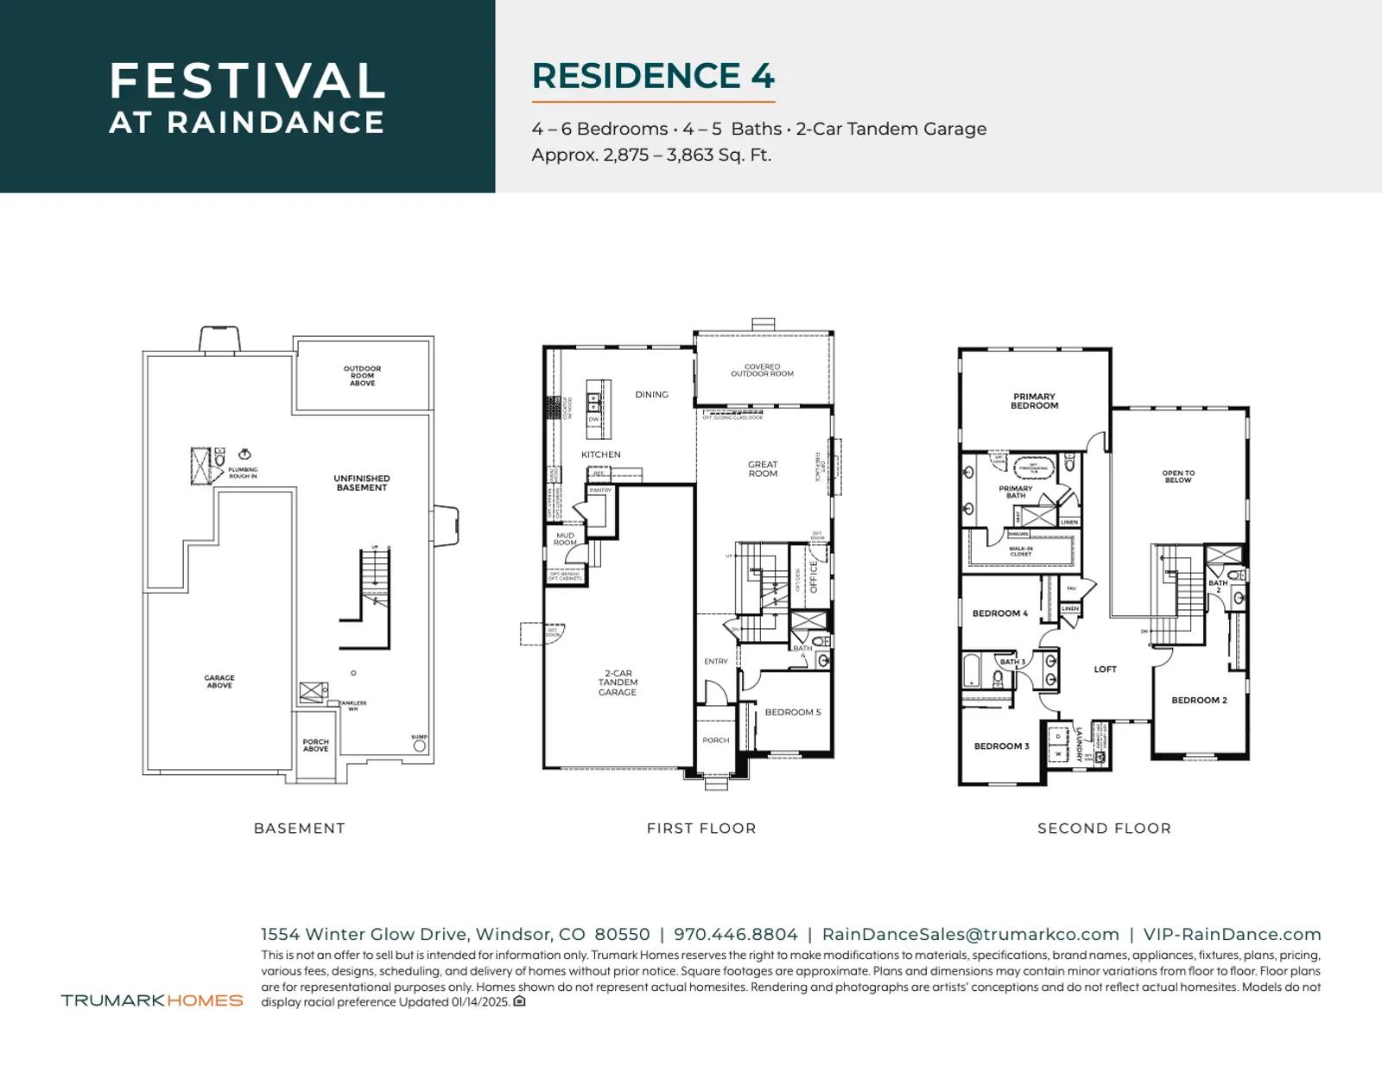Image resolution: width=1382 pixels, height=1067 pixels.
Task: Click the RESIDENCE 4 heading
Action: (653, 76)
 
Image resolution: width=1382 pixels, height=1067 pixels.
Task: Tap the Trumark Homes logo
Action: (152, 1000)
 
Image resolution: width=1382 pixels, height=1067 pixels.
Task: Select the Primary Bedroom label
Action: (1034, 401)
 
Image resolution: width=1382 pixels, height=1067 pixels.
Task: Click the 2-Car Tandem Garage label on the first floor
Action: (618, 683)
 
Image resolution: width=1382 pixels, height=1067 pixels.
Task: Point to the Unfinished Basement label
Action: (362, 483)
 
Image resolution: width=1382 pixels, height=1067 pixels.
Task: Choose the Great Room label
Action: (763, 469)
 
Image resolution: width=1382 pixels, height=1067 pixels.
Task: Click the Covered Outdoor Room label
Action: (762, 371)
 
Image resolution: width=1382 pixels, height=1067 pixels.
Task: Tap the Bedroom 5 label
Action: (792, 713)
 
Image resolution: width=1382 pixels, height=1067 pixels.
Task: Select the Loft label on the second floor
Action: (1105, 670)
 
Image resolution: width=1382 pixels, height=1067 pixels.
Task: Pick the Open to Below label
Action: (1178, 477)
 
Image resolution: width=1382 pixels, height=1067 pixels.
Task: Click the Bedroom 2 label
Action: (1199, 701)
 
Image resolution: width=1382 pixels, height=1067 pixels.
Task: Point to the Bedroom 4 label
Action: (1000, 613)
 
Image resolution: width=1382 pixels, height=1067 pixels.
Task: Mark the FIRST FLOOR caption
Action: (701, 829)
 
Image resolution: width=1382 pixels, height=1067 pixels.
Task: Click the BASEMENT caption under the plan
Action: (299, 829)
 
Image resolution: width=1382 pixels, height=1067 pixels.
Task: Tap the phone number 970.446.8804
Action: (736, 935)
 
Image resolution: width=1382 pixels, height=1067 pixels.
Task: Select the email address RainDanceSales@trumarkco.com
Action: (971, 935)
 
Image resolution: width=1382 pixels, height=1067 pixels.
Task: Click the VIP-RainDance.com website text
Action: (1232, 935)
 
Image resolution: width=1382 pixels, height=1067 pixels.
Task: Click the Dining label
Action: (651, 395)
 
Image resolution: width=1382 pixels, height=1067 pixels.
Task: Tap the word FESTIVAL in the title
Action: (247, 81)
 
